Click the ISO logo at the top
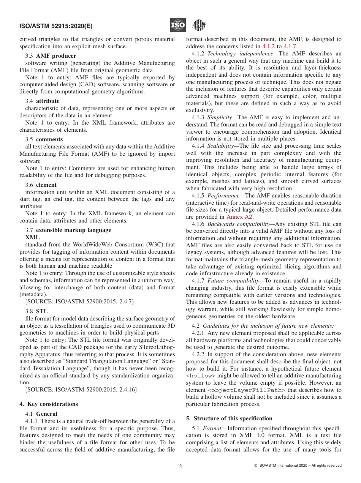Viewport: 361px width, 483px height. pos(178,25)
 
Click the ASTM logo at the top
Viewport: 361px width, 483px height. pos(199,25)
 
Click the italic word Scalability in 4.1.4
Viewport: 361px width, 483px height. pos(221,145)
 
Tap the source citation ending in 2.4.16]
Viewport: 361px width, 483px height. pos(81,389)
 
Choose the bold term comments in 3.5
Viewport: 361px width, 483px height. pos(49,139)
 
